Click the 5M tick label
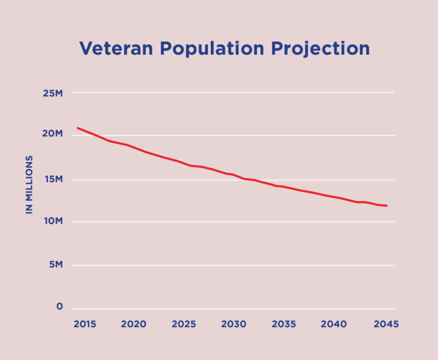[56, 264]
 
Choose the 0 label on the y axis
[60, 306]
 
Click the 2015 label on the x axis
[85, 324]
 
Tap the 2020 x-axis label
[134, 324]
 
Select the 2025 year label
[183, 324]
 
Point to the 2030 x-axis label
[234, 324]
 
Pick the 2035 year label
[283, 324]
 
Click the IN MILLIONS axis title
[29, 184]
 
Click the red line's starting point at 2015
[78, 128]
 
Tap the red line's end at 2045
[387, 205]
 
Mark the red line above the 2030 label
[234, 174]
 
